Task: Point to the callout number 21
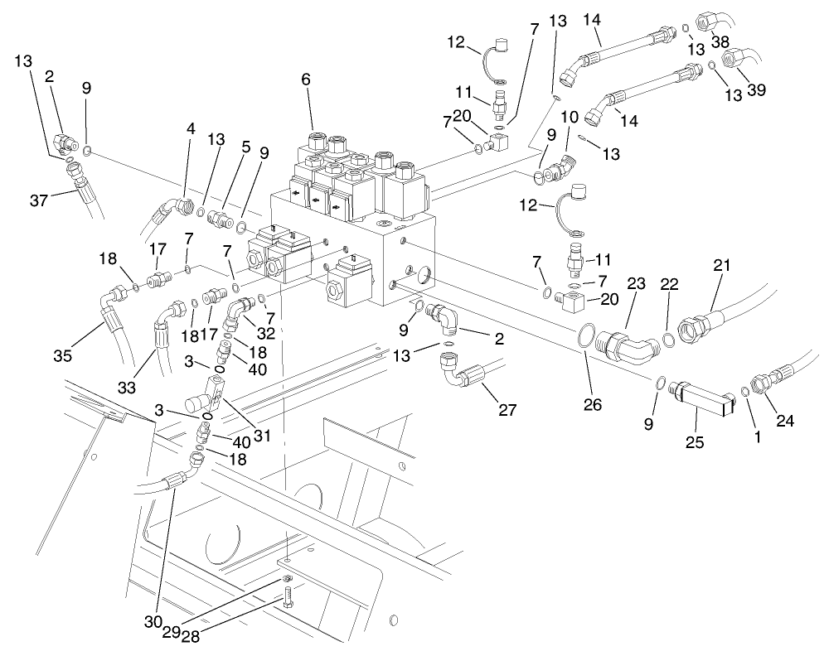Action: tap(722, 267)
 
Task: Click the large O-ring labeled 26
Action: tap(584, 339)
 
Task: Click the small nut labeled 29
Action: tap(284, 578)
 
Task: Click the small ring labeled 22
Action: tap(669, 339)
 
